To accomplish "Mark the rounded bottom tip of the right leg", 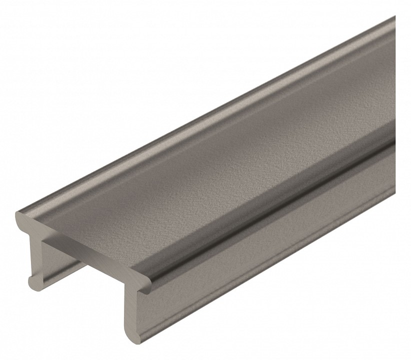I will click(x=130, y=339).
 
